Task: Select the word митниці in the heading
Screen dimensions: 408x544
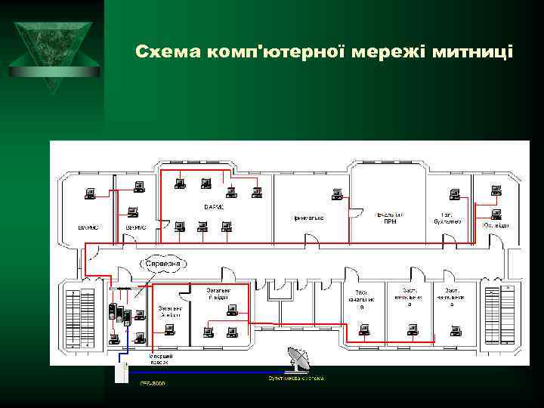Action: point(478,52)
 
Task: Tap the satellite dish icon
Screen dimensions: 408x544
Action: point(296,358)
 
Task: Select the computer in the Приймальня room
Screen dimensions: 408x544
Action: point(339,198)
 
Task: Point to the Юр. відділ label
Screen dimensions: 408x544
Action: point(496,225)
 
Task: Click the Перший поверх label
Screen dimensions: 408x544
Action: point(162,358)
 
